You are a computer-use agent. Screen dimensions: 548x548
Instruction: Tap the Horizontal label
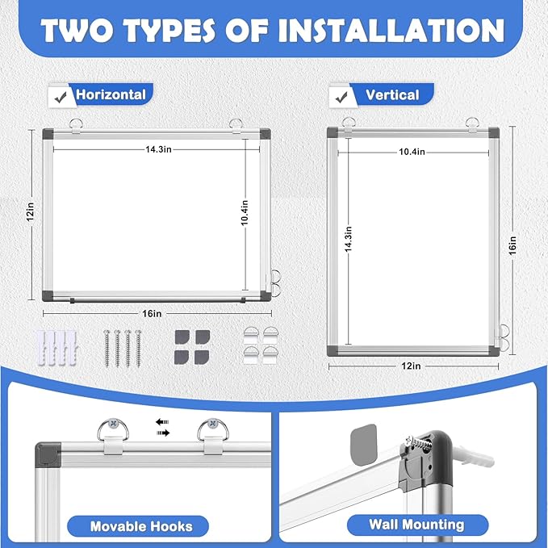pos(111,94)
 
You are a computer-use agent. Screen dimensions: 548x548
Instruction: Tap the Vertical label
pos(392,94)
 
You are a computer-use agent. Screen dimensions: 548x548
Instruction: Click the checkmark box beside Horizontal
pos(58,95)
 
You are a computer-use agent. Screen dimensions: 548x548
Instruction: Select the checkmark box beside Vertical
pos(339,95)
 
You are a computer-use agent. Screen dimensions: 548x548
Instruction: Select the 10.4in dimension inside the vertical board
pos(412,152)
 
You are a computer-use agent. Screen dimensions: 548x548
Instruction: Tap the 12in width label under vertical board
pos(412,366)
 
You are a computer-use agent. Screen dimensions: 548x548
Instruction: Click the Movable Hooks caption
pos(141,526)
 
